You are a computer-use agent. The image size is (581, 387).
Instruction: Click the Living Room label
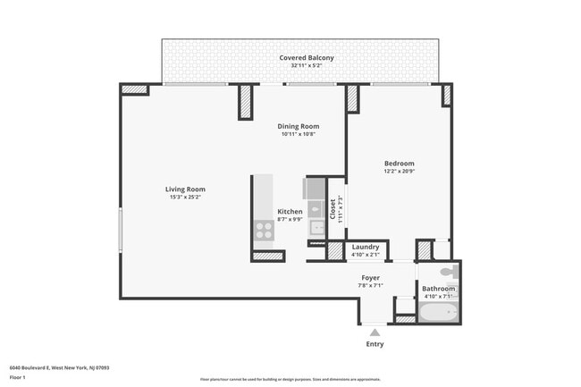[x=185, y=189]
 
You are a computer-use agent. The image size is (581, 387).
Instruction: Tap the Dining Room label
[x=299, y=126]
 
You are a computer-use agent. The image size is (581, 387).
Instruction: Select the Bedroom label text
[x=399, y=163]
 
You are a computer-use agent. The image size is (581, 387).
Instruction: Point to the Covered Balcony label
[x=307, y=58]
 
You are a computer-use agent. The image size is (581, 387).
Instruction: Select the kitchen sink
[x=316, y=227]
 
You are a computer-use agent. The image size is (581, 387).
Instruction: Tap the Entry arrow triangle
[x=375, y=332]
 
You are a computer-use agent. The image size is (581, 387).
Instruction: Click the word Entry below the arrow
[x=375, y=344]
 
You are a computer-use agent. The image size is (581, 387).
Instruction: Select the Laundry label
[x=366, y=247]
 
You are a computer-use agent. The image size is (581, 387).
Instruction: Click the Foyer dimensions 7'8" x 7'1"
[x=370, y=286]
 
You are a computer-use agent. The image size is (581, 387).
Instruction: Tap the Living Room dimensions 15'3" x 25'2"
[x=185, y=197]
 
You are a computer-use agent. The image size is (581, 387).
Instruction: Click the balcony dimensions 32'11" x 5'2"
[x=307, y=66]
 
